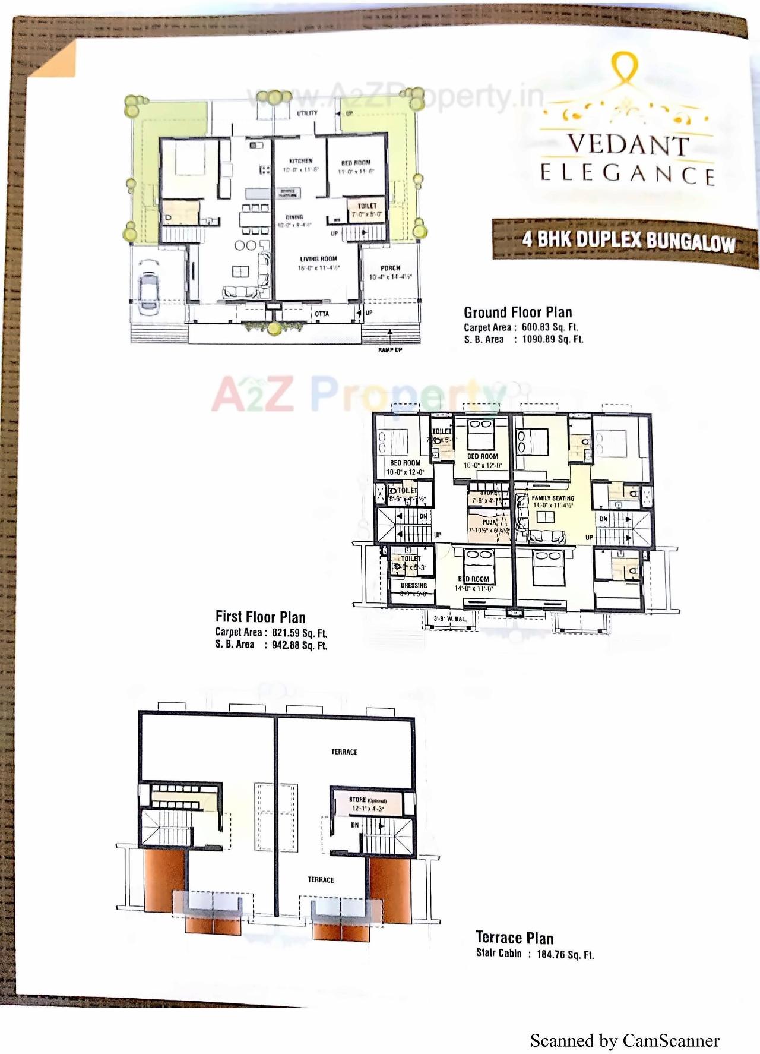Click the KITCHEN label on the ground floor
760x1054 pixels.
(x=300, y=161)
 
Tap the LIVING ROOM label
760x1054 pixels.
(x=318, y=259)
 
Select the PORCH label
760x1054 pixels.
(x=390, y=268)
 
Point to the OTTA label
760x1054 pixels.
(x=322, y=314)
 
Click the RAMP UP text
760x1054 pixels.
(x=390, y=350)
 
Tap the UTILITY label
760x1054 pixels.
(x=307, y=113)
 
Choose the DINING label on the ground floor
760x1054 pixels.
(x=294, y=217)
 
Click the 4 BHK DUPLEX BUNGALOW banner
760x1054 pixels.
(x=628, y=240)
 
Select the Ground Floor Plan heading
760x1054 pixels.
(x=518, y=313)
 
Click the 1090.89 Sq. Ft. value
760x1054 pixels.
(x=552, y=340)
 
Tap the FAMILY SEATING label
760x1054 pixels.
(x=553, y=498)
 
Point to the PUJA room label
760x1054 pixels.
(x=489, y=523)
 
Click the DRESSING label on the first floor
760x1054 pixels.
(x=414, y=585)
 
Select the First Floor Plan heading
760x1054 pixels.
(x=260, y=617)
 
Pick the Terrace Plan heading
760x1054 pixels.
(x=514, y=938)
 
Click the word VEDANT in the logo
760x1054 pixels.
(x=628, y=145)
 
